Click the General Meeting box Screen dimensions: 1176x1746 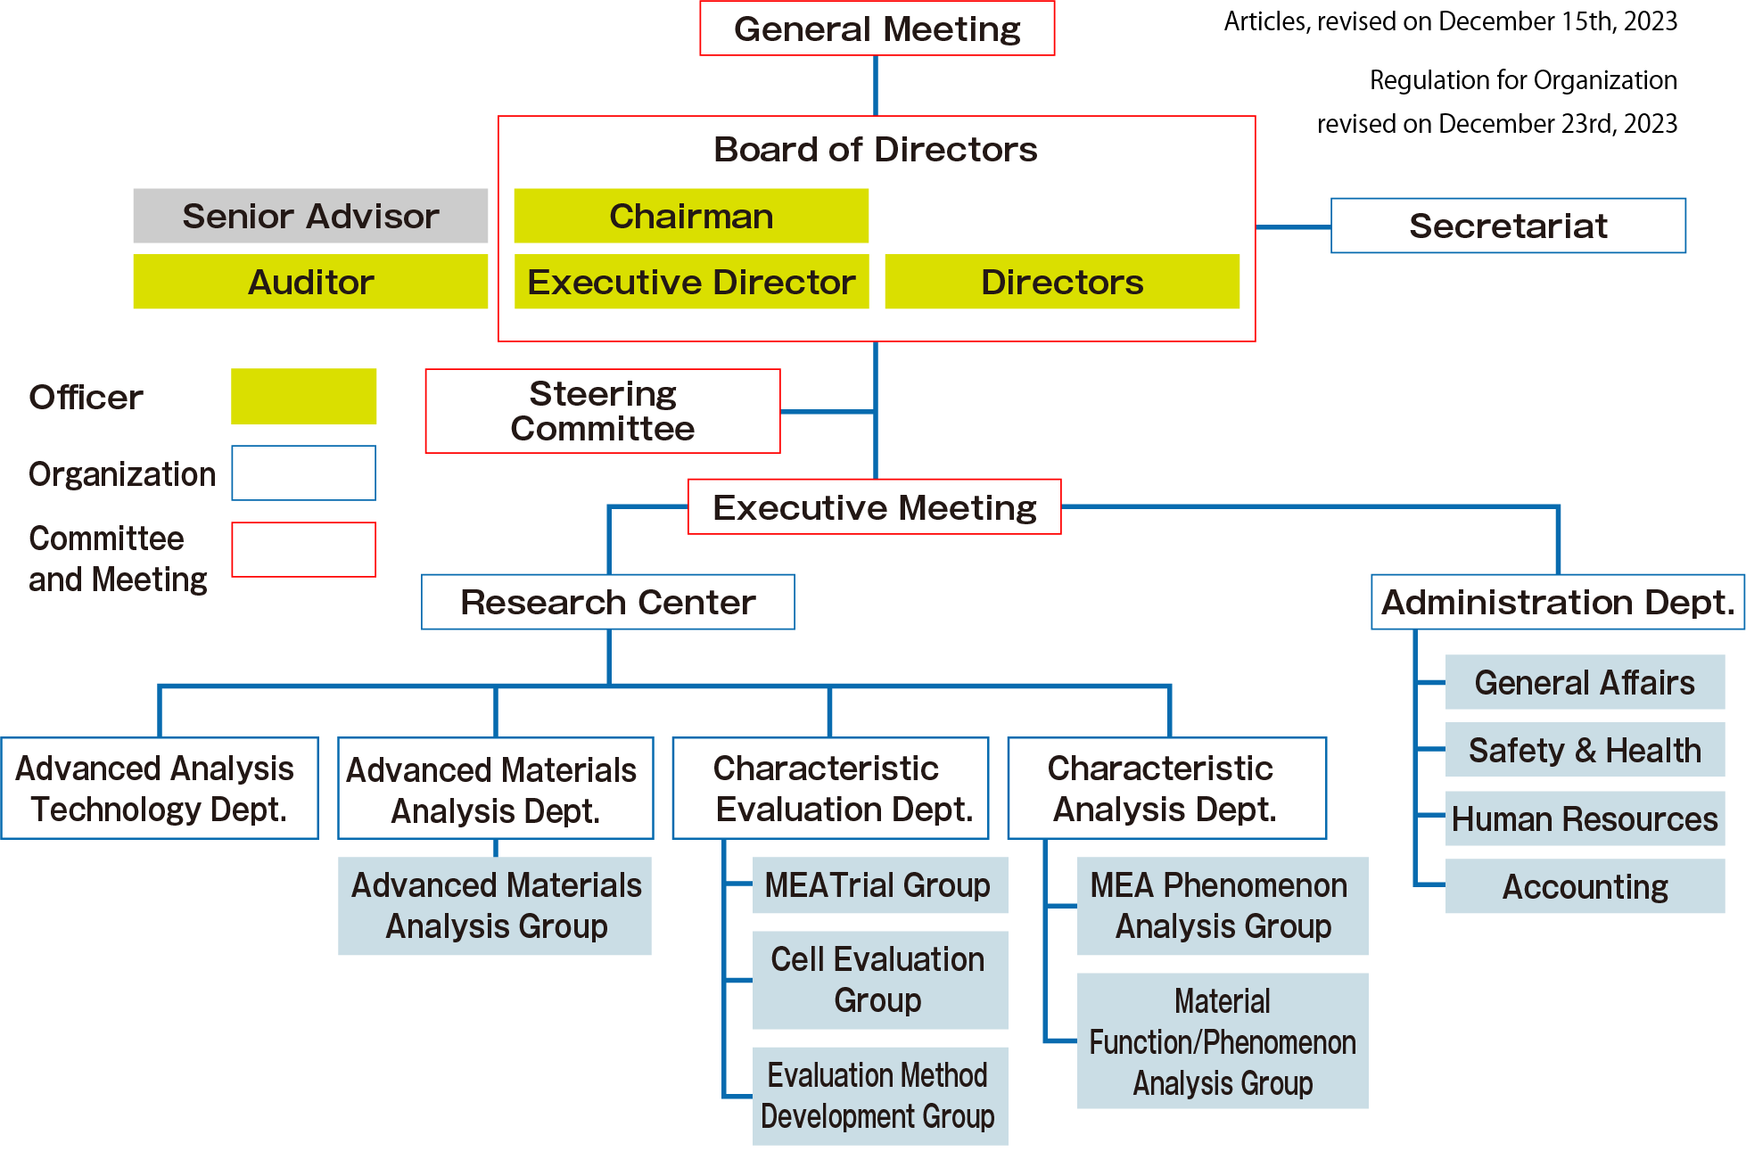(x=877, y=29)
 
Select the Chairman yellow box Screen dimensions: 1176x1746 (x=691, y=216)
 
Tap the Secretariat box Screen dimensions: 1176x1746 (x=1508, y=226)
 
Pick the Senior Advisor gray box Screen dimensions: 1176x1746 (x=310, y=216)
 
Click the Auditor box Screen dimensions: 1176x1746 (x=310, y=282)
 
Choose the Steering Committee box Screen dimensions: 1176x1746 (x=602, y=411)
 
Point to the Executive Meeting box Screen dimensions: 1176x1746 (x=874, y=506)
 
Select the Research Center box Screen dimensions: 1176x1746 (x=607, y=602)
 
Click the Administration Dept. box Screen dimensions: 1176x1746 (x=1557, y=602)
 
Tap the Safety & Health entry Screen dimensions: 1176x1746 (x=1585, y=750)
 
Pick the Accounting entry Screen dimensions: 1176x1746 (x=1585, y=886)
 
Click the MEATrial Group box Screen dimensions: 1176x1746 (x=879, y=885)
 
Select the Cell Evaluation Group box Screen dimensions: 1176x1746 (x=879, y=979)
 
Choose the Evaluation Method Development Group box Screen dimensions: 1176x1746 (x=879, y=1095)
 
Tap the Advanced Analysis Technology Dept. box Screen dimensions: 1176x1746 (x=159, y=788)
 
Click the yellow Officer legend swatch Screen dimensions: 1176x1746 (x=303, y=396)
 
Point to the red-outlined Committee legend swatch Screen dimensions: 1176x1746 (x=303, y=549)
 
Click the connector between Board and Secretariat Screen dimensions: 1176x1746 (x=1293, y=227)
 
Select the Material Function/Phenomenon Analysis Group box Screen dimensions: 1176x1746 (x=1222, y=1040)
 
